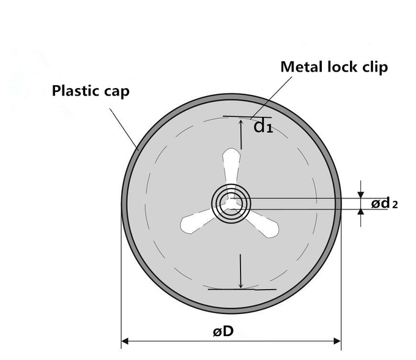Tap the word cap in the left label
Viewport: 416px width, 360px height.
116,93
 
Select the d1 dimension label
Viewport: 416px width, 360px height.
263,127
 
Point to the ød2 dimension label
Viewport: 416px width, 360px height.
384,203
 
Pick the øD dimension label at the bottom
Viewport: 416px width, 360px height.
223,331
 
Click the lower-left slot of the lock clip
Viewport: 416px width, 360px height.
198,221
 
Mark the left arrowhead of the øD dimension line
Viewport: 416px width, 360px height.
125,340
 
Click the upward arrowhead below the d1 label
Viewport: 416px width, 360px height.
242,121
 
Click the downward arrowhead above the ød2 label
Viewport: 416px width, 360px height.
360,193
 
